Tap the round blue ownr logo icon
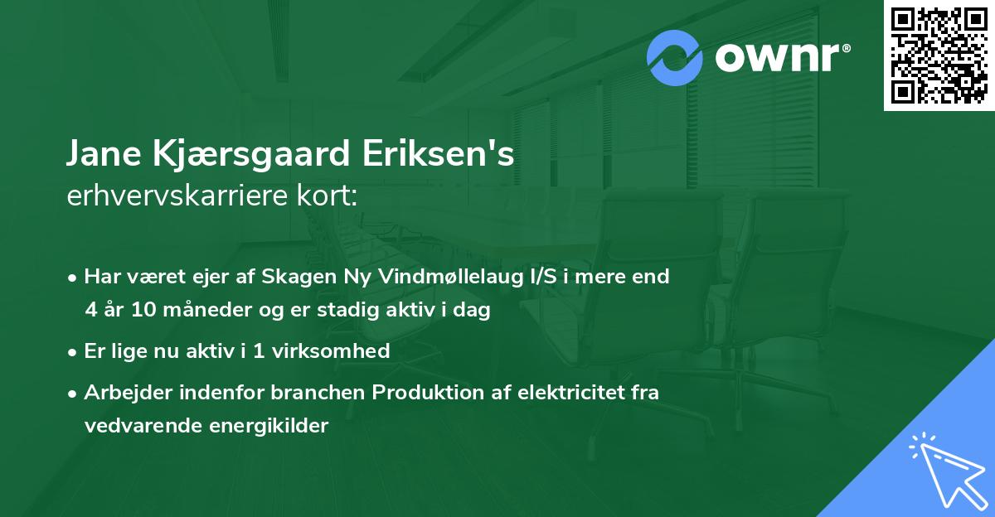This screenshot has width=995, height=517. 675,57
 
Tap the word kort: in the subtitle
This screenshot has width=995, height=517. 332,196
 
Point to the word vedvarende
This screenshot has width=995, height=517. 132,426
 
